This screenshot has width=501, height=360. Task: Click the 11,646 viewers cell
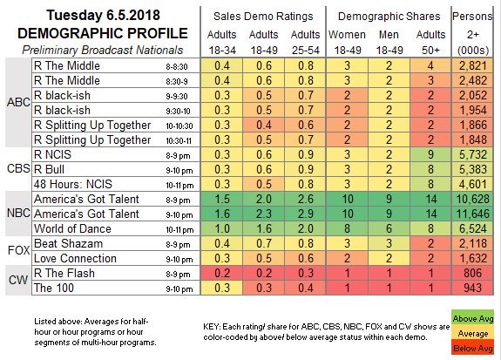(x=472, y=214)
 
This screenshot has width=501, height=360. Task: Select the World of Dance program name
(x=72, y=228)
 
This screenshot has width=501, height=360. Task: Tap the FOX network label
(x=18, y=250)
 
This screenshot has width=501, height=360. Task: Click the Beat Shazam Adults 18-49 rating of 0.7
(x=264, y=243)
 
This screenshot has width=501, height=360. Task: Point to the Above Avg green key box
(x=472, y=318)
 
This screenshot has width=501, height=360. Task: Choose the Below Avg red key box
(x=472, y=348)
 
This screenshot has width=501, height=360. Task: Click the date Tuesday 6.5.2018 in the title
(x=103, y=15)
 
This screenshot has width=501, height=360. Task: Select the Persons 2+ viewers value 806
(x=472, y=273)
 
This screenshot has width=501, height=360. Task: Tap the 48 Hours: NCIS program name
(x=73, y=184)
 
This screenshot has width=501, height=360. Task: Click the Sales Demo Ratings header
(x=263, y=17)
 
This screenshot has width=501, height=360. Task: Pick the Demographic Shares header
(x=389, y=17)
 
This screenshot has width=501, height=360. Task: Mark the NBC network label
(x=18, y=214)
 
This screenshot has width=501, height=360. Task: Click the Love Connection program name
(x=75, y=258)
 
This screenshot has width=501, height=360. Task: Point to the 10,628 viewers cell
(x=472, y=199)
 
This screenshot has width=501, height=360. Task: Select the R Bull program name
(x=49, y=169)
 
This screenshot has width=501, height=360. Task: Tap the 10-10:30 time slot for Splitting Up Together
(x=179, y=126)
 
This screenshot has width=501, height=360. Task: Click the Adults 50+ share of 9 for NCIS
(x=430, y=154)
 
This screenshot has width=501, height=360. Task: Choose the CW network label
(x=18, y=280)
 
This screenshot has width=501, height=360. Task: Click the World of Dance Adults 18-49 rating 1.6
(x=264, y=228)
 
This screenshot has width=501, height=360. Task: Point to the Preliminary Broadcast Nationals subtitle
(x=103, y=51)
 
